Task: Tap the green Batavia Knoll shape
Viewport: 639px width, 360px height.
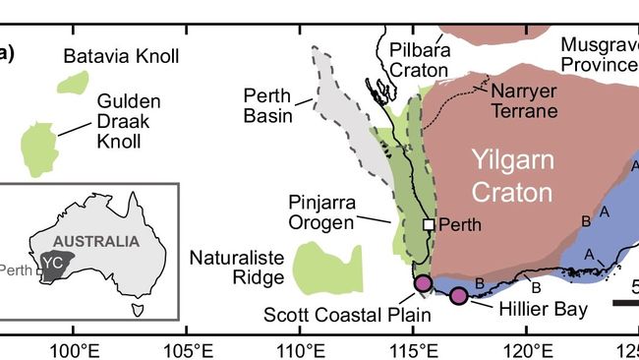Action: (70, 83)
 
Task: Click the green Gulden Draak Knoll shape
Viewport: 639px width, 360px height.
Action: (38, 149)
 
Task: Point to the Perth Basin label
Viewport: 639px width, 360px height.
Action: (270, 107)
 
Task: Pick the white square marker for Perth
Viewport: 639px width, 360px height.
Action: (429, 224)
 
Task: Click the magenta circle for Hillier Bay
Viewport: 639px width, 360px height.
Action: (458, 296)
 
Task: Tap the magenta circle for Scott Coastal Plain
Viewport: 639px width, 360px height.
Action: (424, 284)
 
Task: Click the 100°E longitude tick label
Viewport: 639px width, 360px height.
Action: (75, 348)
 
